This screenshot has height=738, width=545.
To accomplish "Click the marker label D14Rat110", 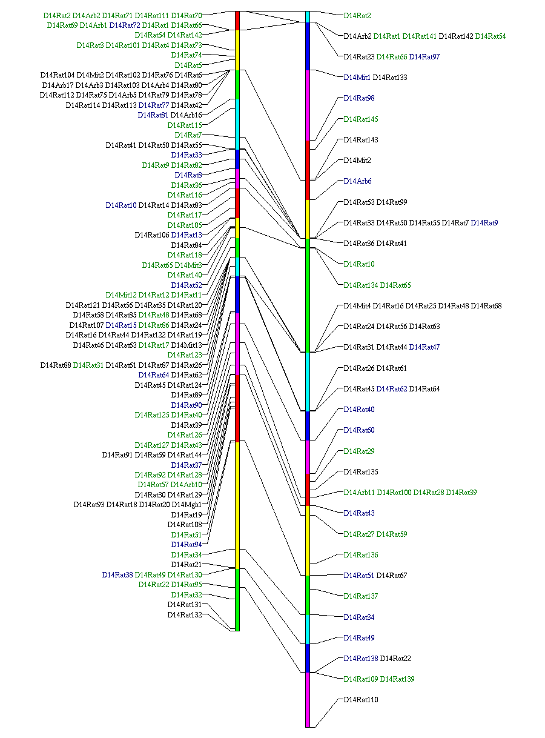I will tap(361, 700).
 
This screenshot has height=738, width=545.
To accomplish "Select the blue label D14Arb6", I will tap(358, 181).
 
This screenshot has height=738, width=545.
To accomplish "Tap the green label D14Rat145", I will tap(361, 119).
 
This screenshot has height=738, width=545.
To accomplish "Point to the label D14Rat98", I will tap(359, 98).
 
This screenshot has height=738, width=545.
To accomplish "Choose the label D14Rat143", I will tap(361, 140).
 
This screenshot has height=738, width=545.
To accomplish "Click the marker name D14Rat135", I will tap(361, 472).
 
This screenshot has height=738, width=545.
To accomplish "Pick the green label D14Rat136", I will tap(361, 555).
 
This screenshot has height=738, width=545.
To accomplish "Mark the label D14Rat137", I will tap(361, 596).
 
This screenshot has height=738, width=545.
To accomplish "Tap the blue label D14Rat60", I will tap(359, 430).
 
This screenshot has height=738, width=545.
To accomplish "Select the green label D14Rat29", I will tap(359, 451).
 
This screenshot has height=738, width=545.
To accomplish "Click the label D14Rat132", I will tap(185, 615).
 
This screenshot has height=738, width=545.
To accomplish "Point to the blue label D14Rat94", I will tap(187, 545).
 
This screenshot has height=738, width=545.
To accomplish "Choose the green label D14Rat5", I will tap(188, 65).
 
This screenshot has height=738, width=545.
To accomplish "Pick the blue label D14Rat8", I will tap(188, 175).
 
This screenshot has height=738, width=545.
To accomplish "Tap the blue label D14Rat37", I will tap(187, 465).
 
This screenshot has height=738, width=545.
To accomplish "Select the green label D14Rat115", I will tap(185, 125).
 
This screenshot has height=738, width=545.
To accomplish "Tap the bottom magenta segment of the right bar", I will tap(308, 699).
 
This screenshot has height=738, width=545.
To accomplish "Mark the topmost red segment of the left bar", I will tap(237, 20).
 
